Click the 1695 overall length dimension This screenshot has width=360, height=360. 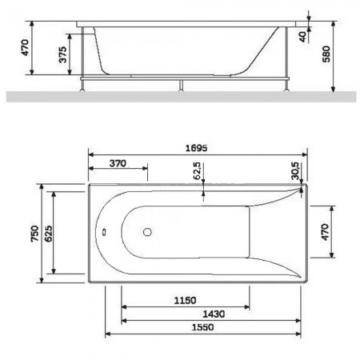196,148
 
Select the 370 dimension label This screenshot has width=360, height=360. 118,163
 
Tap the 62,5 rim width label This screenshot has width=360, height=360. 197,170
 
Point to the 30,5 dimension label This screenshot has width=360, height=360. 295,170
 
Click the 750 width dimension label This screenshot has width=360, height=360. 34,234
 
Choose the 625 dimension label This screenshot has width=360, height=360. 48,234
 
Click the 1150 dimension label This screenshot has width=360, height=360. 185,301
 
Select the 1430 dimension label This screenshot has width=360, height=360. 214,314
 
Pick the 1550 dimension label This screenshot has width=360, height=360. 202,327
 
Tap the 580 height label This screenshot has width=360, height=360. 326,54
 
